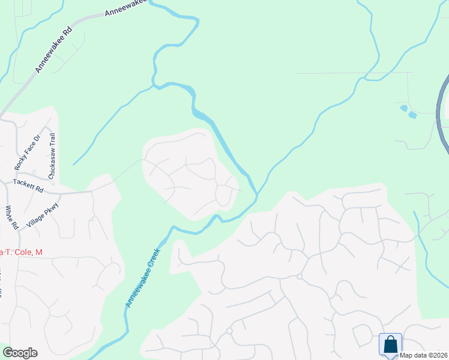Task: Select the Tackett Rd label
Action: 29,185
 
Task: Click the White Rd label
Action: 11,217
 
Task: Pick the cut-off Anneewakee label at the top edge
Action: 125,8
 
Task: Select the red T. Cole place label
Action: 21,253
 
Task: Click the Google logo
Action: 20,353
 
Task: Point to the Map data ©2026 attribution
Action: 424,355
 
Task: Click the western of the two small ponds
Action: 403,108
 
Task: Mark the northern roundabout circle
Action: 299,277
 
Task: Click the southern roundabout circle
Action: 229,331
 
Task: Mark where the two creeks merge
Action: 257,194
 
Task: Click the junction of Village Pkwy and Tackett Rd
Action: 59,194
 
